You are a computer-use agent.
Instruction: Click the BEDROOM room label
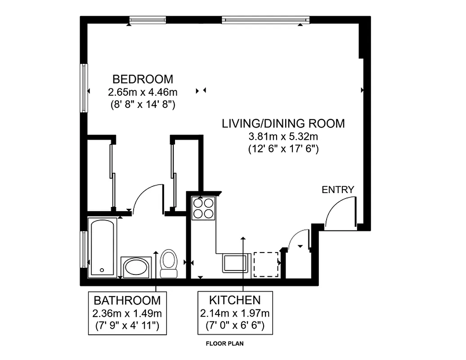point(143,79)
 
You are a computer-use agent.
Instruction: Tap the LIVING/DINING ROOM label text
point(283,123)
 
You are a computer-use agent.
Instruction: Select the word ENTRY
point(338,190)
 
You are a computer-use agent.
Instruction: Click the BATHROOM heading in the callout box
point(127,300)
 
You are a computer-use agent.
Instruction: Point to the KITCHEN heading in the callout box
point(235,300)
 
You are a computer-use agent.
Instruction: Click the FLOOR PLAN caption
point(224,344)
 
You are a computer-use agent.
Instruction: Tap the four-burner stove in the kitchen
point(203,208)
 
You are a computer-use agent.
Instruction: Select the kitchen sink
point(236,263)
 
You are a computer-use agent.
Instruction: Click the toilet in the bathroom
point(169,264)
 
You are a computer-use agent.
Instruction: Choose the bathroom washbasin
point(136,267)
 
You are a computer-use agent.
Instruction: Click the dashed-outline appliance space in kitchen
point(266,265)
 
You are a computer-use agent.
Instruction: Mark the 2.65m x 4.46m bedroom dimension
point(143,93)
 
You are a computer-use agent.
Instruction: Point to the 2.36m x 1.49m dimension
point(127,313)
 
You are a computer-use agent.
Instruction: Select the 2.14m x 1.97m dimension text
point(235,313)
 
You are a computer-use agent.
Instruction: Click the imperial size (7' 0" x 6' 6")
point(235,324)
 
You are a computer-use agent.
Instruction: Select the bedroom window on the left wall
point(84,88)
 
